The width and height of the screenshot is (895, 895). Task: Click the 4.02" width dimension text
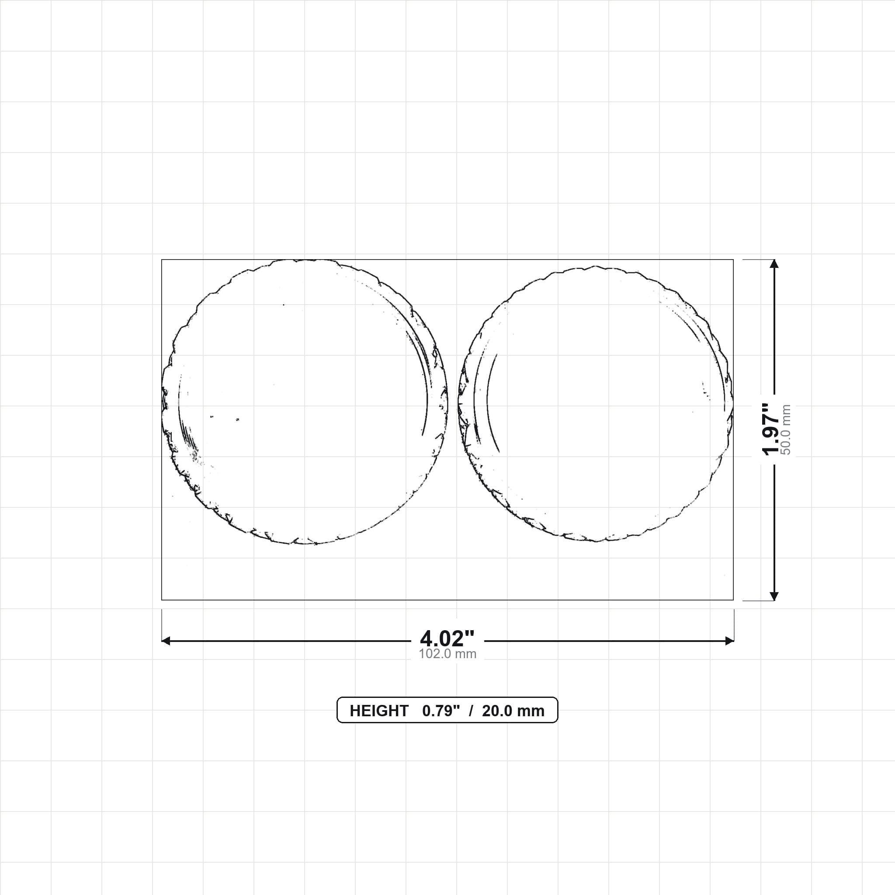(447, 639)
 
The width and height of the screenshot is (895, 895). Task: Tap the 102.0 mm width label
(447, 654)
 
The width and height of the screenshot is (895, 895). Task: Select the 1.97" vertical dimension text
(771, 430)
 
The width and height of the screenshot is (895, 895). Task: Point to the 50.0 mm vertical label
(786, 430)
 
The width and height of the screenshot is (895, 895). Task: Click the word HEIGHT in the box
(379, 711)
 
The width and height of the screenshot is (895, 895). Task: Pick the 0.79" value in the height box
(441, 711)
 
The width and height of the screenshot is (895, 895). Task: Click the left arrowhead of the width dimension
(166, 641)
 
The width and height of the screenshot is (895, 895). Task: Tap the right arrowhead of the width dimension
(730, 641)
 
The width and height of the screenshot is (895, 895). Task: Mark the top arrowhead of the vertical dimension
(774, 264)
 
